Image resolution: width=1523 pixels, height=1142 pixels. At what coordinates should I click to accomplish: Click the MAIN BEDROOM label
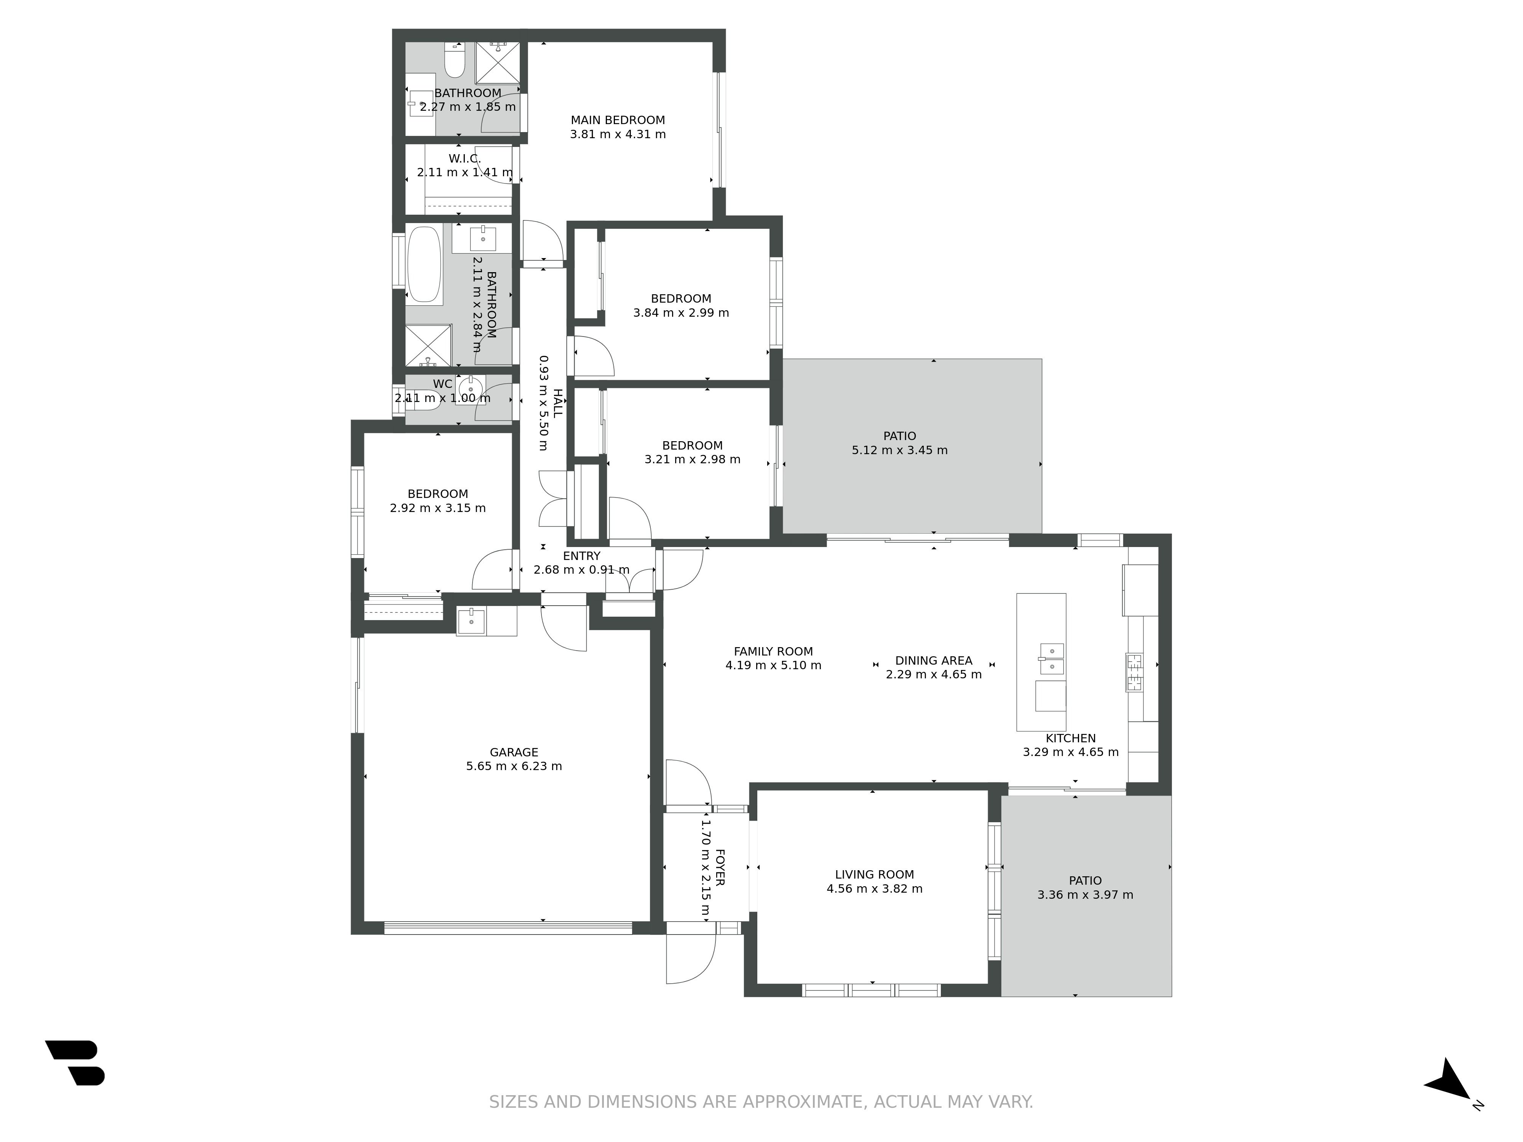point(618,120)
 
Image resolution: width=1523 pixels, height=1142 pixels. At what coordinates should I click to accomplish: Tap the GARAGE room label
point(514,752)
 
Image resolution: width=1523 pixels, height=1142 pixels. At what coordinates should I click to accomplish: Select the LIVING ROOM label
point(875,874)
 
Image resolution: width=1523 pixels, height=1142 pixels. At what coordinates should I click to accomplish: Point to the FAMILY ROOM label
point(773,651)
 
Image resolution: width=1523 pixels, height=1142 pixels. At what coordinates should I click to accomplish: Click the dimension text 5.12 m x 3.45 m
point(899,450)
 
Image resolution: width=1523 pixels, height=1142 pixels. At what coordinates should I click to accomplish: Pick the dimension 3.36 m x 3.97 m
point(1085,895)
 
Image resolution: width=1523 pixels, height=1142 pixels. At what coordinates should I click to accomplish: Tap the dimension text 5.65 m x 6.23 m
point(514,766)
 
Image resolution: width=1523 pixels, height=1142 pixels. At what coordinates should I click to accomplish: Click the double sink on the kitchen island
point(1051,659)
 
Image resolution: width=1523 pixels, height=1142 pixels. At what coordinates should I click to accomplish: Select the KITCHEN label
point(1071,738)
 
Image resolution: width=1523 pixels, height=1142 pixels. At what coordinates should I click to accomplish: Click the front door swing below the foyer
point(691,958)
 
